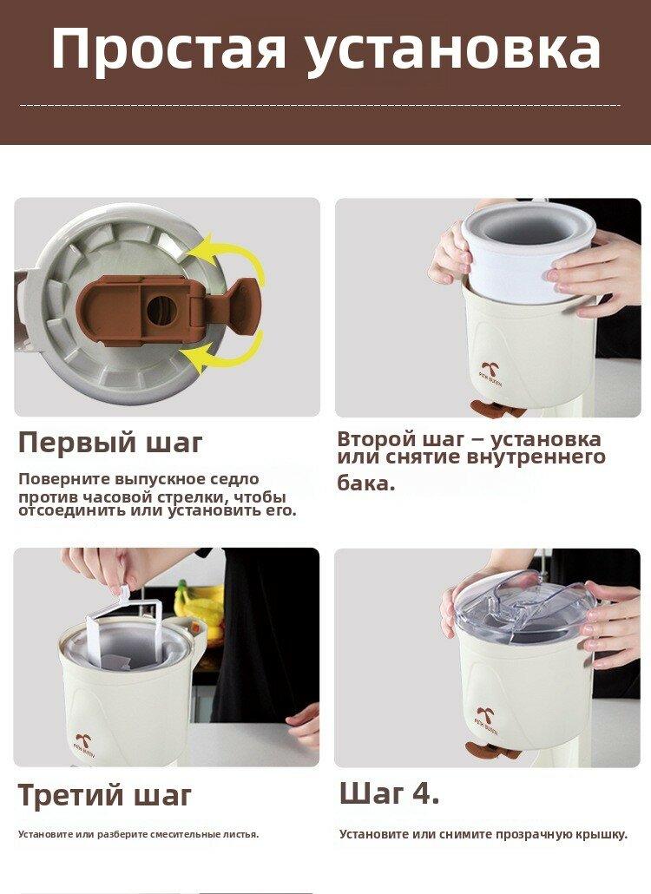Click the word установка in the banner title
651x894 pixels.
tap(454, 52)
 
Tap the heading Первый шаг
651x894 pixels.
tap(110, 443)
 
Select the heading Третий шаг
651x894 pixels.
tap(105, 795)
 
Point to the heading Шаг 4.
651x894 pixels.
tap(390, 793)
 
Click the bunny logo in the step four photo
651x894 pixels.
tap(486, 715)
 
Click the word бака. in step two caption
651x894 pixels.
tap(366, 483)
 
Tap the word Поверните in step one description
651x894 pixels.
tap(63, 479)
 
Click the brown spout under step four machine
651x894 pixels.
tap(492, 752)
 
